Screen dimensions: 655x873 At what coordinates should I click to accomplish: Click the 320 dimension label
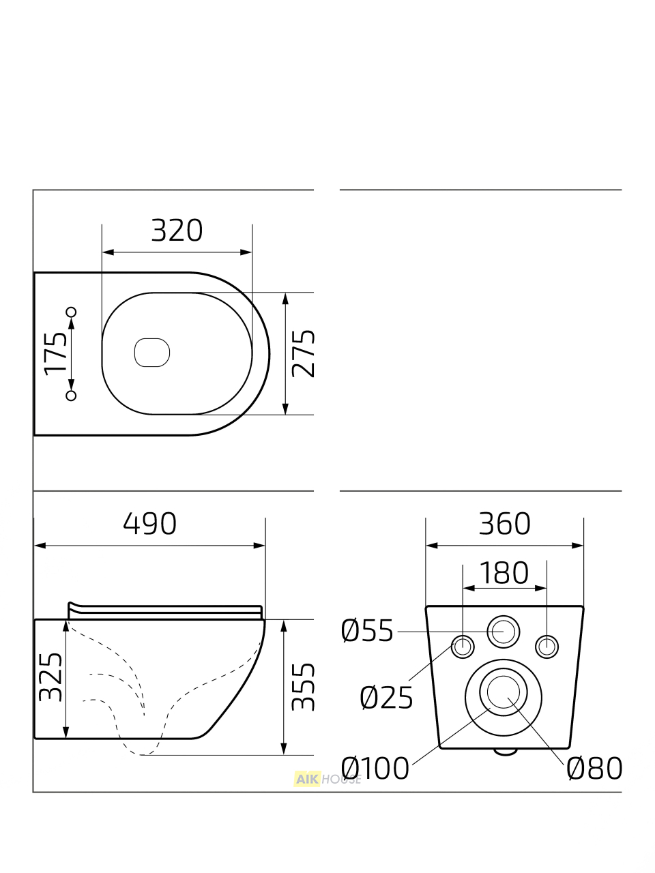point(177,231)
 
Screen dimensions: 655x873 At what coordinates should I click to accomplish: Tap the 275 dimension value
point(303,353)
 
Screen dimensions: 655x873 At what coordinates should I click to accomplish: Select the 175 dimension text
point(55,353)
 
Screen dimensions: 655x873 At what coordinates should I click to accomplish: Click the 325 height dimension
point(50,677)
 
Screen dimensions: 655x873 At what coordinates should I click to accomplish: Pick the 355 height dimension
point(303,687)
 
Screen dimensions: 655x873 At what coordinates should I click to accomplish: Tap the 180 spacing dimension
point(504,573)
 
